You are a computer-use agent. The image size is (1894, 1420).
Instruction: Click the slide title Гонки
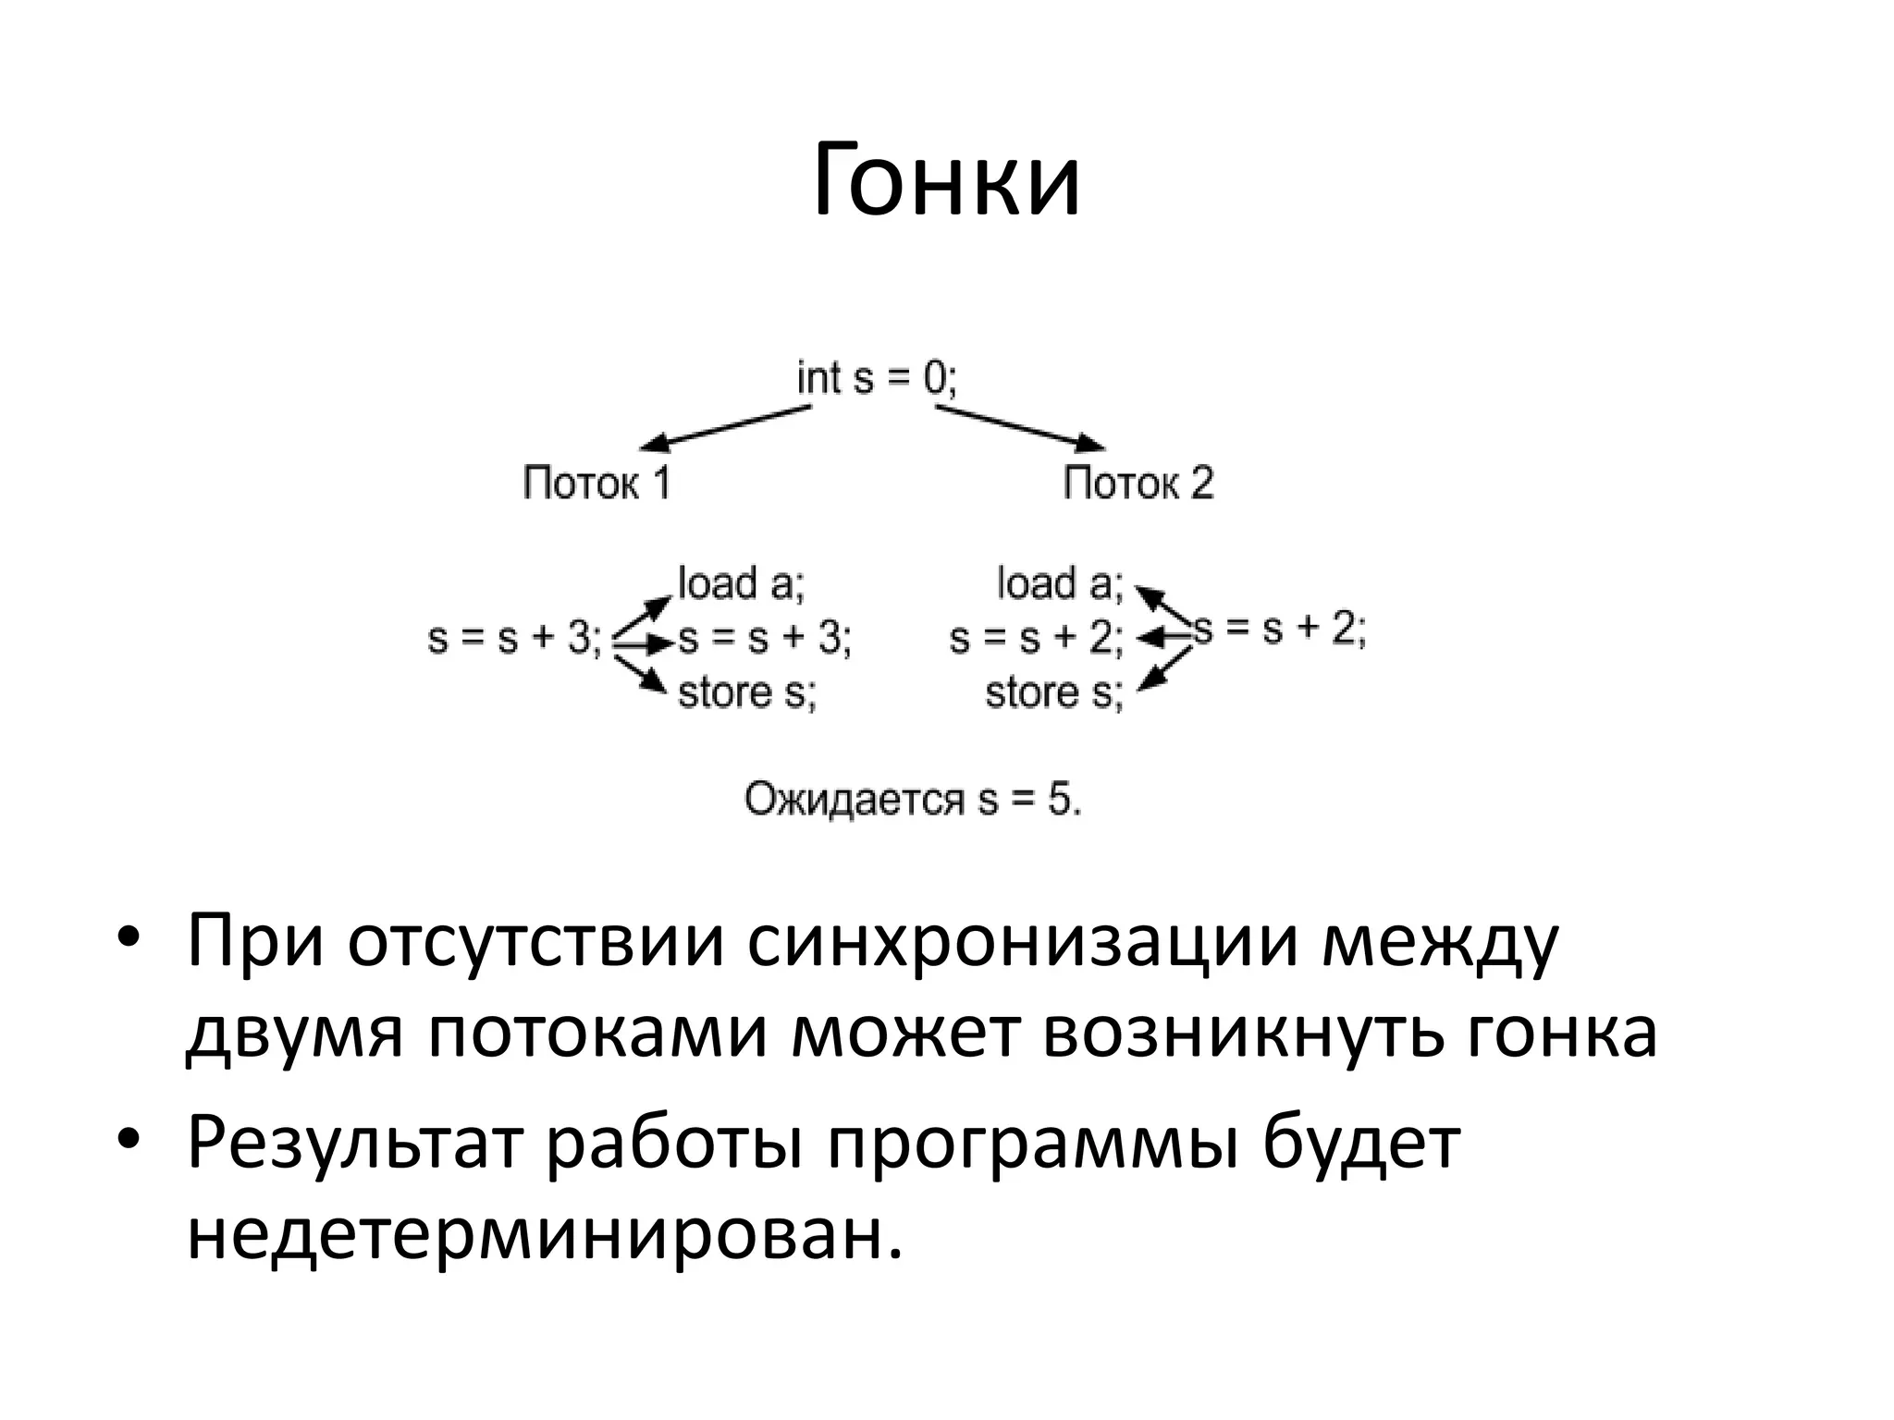[x=946, y=181]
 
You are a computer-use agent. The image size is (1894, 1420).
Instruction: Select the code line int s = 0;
[x=877, y=378]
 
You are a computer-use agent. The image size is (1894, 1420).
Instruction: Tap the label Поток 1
[x=596, y=484]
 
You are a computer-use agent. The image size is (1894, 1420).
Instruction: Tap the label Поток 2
[x=1138, y=484]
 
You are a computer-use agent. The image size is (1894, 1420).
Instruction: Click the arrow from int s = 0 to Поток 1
[x=726, y=426]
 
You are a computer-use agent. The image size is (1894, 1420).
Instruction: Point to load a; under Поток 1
[x=742, y=583]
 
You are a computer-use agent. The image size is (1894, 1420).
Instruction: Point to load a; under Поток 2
[x=1060, y=583]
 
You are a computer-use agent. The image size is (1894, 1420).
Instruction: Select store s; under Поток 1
[x=747, y=692]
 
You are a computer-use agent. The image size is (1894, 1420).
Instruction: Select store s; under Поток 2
[x=1054, y=692]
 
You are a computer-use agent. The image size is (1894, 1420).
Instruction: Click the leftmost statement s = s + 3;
[x=514, y=638]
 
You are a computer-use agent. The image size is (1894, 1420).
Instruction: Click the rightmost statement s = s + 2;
[x=1280, y=630]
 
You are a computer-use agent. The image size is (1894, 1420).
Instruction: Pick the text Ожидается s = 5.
[x=913, y=800]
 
